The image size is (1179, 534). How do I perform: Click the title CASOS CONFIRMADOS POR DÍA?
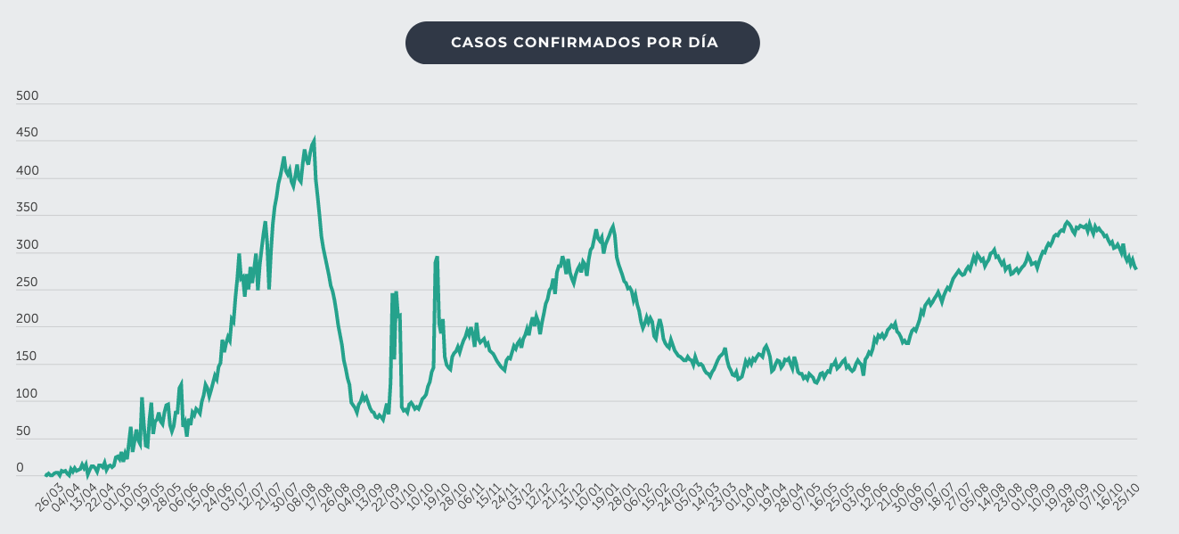tap(584, 43)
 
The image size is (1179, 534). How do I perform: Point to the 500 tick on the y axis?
tap(27, 96)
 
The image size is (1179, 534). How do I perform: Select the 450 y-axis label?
tap(27, 134)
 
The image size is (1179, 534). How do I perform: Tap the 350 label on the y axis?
tap(27, 208)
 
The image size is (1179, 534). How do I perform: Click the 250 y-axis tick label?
tap(27, 283)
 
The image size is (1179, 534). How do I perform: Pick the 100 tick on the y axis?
tap(27, 394)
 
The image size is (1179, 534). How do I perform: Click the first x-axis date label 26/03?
tap(50, 493)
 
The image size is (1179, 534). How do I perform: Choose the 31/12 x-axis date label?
tap(572, 493)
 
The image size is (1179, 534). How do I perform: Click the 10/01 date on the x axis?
tap(589, 493)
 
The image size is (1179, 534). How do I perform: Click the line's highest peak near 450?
tap(314, 141)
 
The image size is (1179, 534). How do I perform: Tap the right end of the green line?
tap(1135, 268)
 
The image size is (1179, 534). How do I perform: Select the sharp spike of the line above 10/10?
tap(437, 258)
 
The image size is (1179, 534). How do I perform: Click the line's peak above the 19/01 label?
tap(613, 226)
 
